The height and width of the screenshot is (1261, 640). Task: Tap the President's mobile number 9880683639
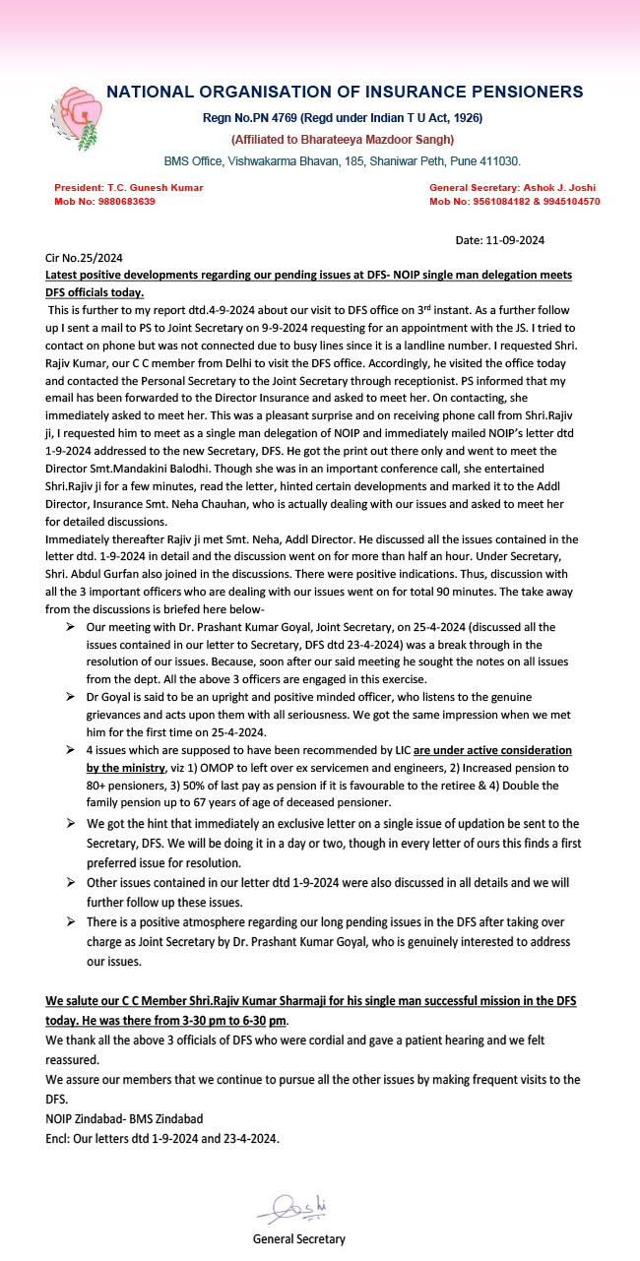click(x=119, y=202)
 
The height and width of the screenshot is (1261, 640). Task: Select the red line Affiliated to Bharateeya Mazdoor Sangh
click(x=342, y=140)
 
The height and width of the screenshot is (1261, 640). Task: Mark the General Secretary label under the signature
click(x=298, y=1239)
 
